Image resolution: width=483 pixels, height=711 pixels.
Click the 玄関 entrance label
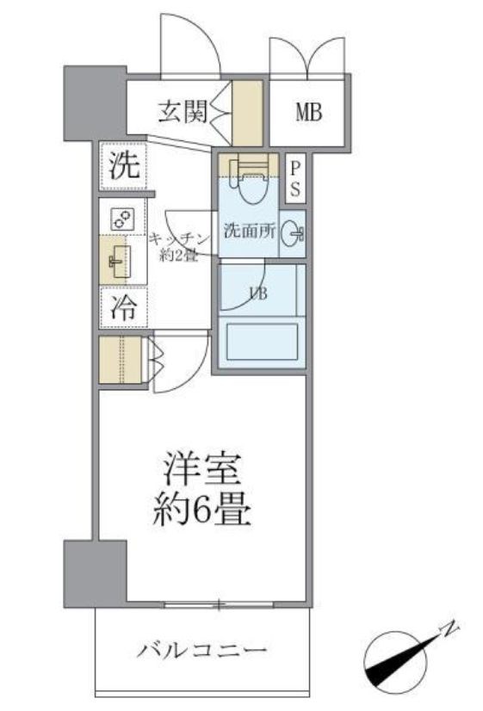[x=183, y=111]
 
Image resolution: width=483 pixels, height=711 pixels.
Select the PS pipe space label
[x=294, y=178]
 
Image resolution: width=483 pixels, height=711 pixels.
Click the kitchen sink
[x=120, y=259]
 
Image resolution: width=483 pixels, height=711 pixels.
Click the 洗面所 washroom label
[x=247, y=231]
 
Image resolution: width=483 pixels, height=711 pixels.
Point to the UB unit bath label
[x=257, y=293]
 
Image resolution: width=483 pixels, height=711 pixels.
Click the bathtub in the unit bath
[x=258, y=342]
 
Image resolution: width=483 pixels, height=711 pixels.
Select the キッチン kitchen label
[x=180, y=238]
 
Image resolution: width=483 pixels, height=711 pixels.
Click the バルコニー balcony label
[x=202, y=649]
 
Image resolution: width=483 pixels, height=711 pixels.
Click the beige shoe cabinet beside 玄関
[x=247, y=111]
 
